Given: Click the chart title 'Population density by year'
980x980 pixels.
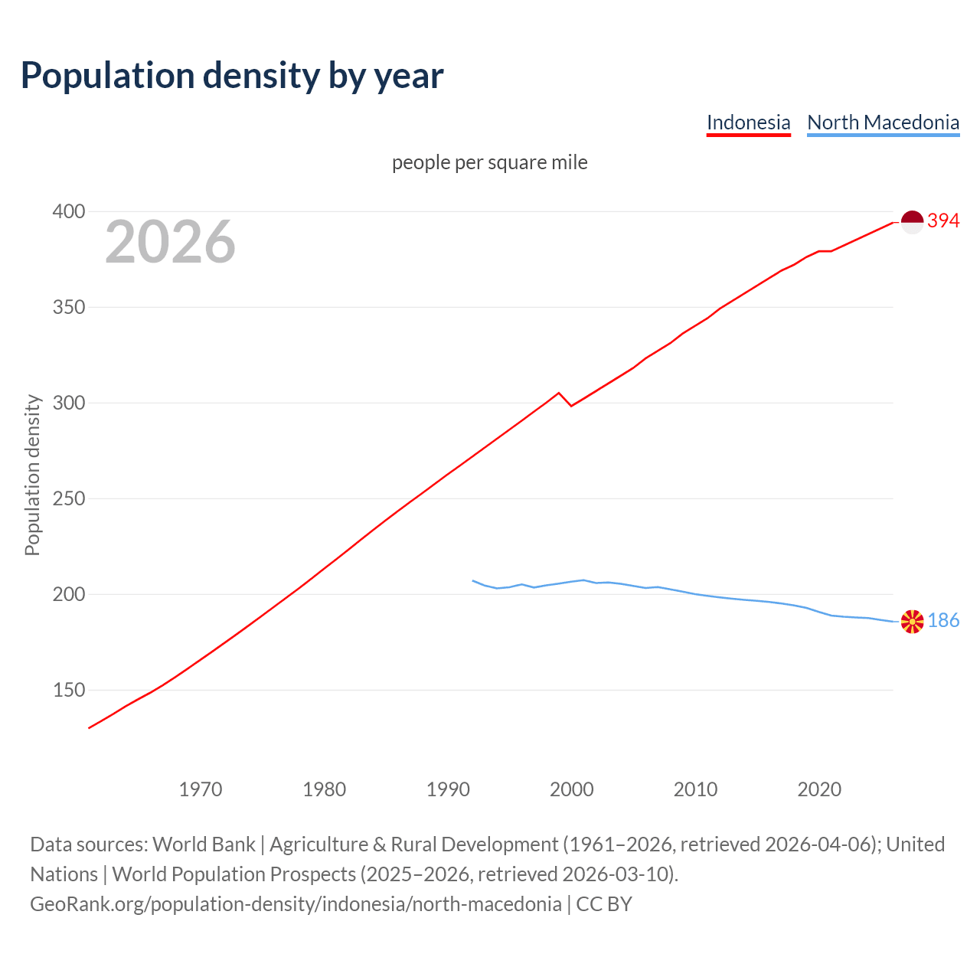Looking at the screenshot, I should (232, 75).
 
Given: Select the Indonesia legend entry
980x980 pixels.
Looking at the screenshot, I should (748, 122).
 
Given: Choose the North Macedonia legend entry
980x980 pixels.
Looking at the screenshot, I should (883, 122).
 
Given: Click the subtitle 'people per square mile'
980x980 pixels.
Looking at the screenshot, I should (489, 162).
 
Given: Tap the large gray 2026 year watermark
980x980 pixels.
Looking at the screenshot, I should (170, 242).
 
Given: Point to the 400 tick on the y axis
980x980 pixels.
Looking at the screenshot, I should (68, 211).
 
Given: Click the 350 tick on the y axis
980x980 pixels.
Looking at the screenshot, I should (68, 307).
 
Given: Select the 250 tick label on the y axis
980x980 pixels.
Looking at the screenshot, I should (68, 498).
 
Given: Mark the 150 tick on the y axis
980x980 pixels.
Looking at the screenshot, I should (68, 690).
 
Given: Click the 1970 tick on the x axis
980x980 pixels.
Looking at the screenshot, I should (201, 789).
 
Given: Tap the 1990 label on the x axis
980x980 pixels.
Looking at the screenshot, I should (448, 789).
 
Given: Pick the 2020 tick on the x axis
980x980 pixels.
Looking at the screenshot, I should (819, 789).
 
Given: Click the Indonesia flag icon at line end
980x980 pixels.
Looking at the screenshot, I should (912, 222).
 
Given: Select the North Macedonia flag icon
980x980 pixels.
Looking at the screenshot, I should (912, 621).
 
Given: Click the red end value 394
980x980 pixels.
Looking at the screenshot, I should (943, 221).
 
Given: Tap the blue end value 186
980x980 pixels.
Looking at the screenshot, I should (943, 621).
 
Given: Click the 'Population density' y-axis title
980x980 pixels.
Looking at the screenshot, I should (32, 475).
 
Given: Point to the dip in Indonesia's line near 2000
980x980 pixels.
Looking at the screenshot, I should (571, 405).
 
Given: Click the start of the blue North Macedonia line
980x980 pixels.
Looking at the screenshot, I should (473, 580).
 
